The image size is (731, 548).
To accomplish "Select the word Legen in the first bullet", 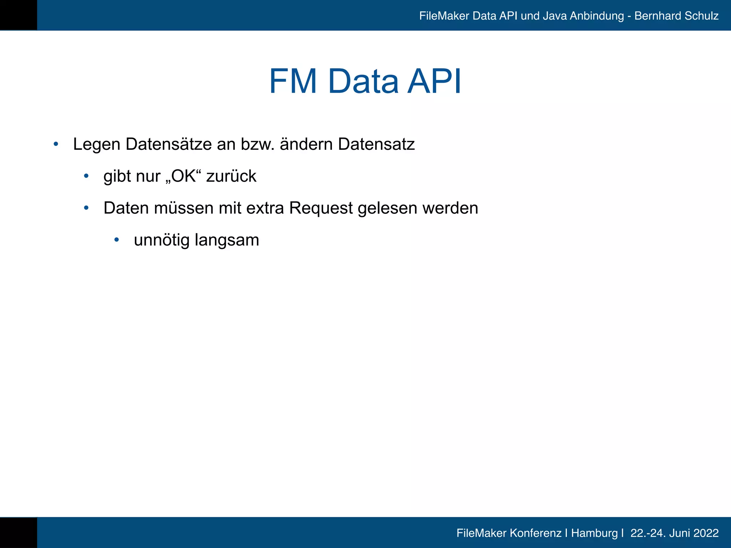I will pos(96,144).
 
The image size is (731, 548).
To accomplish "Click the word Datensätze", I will pos(168,144).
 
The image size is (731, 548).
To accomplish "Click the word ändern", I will pos(306,144).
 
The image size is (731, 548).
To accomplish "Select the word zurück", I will pos(231,176).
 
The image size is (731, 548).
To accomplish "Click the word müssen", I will pos(183,208).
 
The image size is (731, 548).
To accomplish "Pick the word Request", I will pos(321,208).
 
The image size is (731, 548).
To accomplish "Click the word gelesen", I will pos(387,208).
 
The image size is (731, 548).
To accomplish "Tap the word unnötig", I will pos(161,240).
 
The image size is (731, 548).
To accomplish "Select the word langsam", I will pos(227,240).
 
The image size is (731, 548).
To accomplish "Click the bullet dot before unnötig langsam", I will pos(116,240).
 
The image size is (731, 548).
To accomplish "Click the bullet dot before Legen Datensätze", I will pos(56,144).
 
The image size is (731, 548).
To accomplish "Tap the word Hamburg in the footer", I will pos(594,533).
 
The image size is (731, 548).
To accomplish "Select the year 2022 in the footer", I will pos(706,533).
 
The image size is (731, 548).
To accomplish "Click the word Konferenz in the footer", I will pos(535,533).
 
